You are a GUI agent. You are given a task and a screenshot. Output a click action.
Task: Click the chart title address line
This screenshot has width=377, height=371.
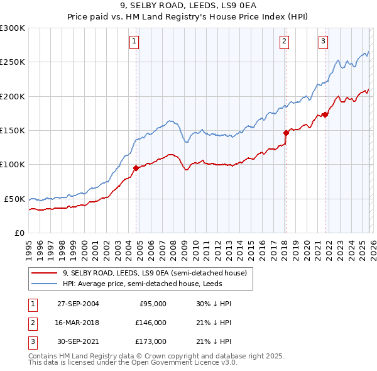188,6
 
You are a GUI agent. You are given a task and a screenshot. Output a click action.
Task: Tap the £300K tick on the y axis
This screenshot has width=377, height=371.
13,28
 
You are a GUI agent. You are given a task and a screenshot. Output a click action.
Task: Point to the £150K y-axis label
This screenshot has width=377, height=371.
13,130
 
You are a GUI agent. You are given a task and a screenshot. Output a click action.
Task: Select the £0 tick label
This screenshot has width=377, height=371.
19,233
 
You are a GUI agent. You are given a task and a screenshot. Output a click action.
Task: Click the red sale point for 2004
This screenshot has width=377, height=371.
136,168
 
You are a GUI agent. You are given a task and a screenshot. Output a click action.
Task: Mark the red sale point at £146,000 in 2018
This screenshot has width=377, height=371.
286,133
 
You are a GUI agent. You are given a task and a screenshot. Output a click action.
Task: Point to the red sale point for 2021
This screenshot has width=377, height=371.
325,114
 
